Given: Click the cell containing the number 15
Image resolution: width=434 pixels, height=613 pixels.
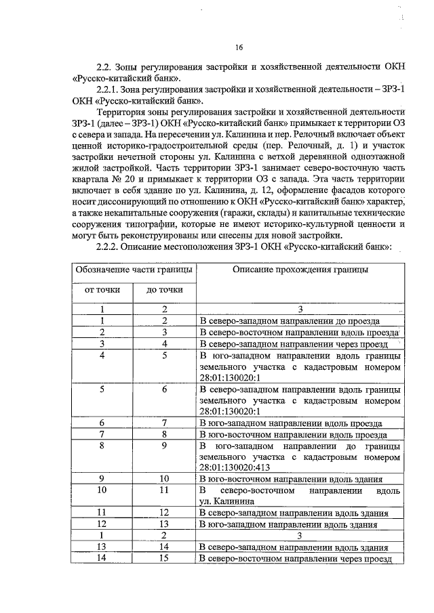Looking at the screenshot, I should pos(164,558).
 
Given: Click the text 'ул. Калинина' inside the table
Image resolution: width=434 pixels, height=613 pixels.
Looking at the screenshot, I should pos(227,501).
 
